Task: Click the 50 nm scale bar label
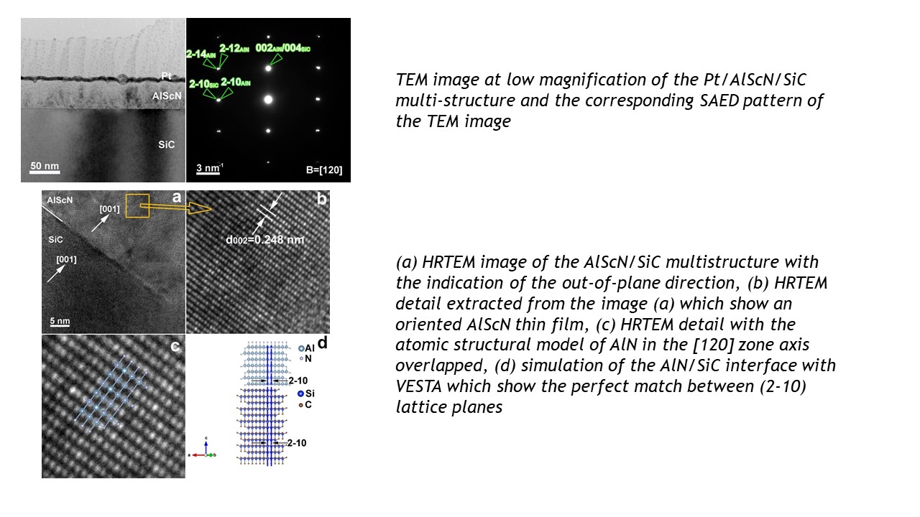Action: [x=45, y=166]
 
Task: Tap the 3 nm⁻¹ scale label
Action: [x=209, y=168]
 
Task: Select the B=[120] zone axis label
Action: [x=324, y=170]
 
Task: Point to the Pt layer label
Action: [x=166, y=76]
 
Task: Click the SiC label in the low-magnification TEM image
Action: [x=166, y=144]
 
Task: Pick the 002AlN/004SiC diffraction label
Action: [x=282, y=48]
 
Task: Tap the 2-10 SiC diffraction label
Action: [x=203, y=84]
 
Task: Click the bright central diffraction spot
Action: [x=268, y=99]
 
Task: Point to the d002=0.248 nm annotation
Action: [x=265, y=240]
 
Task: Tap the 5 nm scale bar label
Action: [x=60, y=321]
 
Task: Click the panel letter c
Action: [x=175, y=347]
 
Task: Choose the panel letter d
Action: [x=323, y=343]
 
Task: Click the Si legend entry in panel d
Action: [x=306, y=393]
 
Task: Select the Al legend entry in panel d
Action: [x=306, y=348]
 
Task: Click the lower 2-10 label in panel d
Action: [x=297, y=443]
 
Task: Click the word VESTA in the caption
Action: [x=418, y=386]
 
